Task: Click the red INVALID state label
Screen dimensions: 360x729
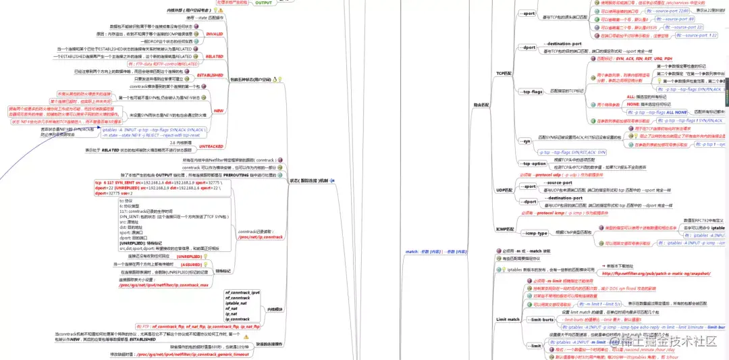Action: (x=214, y=33)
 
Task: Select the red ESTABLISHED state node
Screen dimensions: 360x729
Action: (x=210, y=75)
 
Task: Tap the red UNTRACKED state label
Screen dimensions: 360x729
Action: (x=211, y=146)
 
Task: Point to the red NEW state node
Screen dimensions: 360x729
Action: (x=218, y=110)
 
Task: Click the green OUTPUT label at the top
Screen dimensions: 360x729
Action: (x=263, y=3)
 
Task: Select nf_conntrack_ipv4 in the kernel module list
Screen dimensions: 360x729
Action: (x=242, y=292)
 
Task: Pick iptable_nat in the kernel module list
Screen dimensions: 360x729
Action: (x=237, y=303)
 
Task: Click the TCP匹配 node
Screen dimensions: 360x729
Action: (x=504, y=72)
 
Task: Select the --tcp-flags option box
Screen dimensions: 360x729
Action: (x=533, y=91)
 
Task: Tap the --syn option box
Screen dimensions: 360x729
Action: (x=526, y=141)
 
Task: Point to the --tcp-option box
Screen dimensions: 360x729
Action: (x=534, y=163)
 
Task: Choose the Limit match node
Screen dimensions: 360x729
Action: (x=508, y=319)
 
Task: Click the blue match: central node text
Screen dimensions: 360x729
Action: (x=436, y=251)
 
